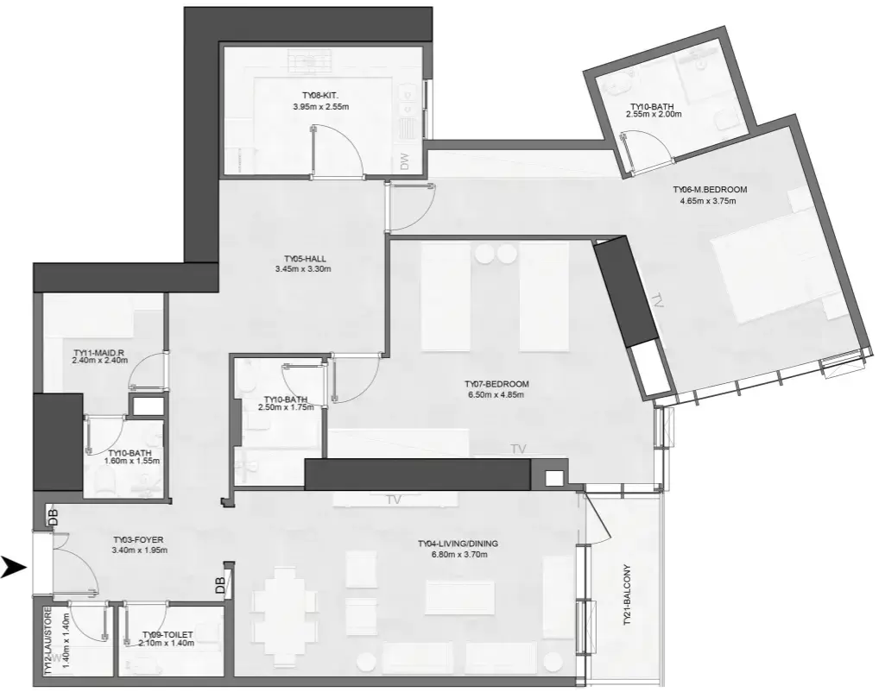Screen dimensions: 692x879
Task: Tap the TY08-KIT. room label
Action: coord(320,97)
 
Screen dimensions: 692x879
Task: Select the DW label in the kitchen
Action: coord(404,160)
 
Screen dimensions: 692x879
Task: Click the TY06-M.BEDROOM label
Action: coord(710,190)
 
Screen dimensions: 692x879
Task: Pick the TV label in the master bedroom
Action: coord(659,301)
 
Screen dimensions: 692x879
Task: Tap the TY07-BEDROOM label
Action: coord(496,384)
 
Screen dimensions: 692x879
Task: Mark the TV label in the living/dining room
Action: coord(395,500)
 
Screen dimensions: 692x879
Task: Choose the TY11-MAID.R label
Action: coord(100,352)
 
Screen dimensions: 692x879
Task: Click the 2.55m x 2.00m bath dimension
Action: coord(654,114)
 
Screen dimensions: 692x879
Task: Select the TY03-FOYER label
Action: coord(138,540)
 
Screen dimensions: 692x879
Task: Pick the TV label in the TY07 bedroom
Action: coord(518,449)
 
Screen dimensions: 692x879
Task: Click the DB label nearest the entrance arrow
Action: coord(53,517)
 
